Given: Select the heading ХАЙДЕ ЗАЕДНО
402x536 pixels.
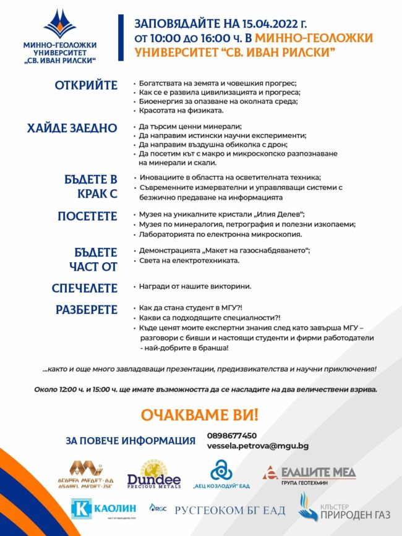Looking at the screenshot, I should (x=72, y=128).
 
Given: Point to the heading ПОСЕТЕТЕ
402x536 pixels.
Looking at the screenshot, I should (x=87, y=216).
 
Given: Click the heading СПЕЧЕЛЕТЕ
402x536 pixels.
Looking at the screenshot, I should (x=84, y=288).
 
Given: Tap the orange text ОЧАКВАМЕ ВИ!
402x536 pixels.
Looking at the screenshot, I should (x=200, y=415).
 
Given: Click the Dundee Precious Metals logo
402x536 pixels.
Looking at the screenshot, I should (x=154, y=475).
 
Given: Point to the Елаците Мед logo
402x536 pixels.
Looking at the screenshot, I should (x=310, y=474).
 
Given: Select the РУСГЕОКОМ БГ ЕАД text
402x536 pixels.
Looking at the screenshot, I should (x=230, y=511).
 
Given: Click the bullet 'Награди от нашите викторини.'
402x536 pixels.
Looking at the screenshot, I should (x=195, y=287).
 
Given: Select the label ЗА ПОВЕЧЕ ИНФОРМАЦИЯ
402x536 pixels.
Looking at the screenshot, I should (x=130, y=441).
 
